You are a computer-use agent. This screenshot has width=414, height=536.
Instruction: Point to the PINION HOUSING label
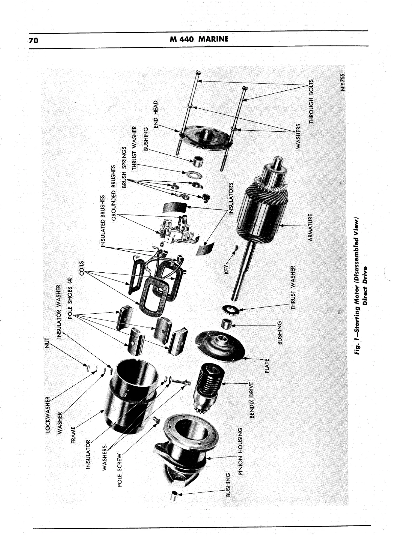[241, 451]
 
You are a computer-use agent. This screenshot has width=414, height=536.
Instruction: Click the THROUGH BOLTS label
[312, 100]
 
